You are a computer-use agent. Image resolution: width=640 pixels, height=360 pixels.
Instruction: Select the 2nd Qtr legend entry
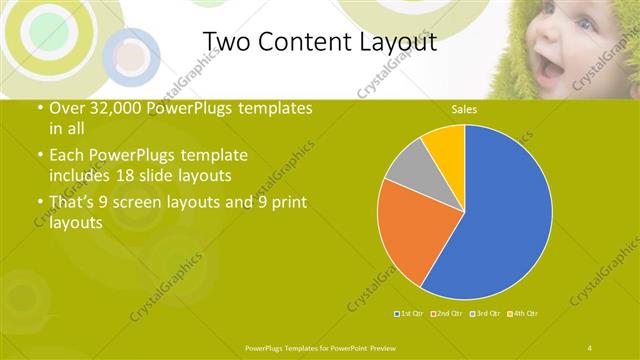click(x=447, y=314)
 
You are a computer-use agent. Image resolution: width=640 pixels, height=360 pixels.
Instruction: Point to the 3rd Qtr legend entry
click(x=486, y=314)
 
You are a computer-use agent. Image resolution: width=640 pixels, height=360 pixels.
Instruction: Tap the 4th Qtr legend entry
click(x=524, y=314)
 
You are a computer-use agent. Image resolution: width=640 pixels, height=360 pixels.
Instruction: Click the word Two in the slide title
click(x=224, y=41)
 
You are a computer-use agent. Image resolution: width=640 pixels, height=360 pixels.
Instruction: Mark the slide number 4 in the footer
click(x=590, y=347)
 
